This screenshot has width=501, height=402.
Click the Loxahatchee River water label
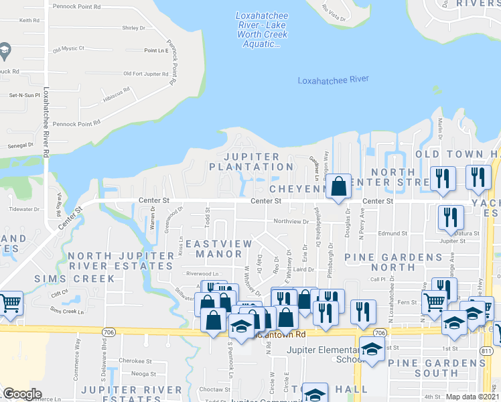(x=333, y=80)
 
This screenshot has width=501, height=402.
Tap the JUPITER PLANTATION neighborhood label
(x=251, y=161)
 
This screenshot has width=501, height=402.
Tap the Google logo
(x=22, y=394)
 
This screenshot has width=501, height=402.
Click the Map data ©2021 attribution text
(x=473, y=397)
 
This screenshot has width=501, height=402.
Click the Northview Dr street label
(x=290, y=221)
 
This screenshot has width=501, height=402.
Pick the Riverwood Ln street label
(x=202, y=273)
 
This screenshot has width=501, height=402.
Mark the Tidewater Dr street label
(x=25, y=209)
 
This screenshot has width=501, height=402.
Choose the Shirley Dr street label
(x=133, y=28)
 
